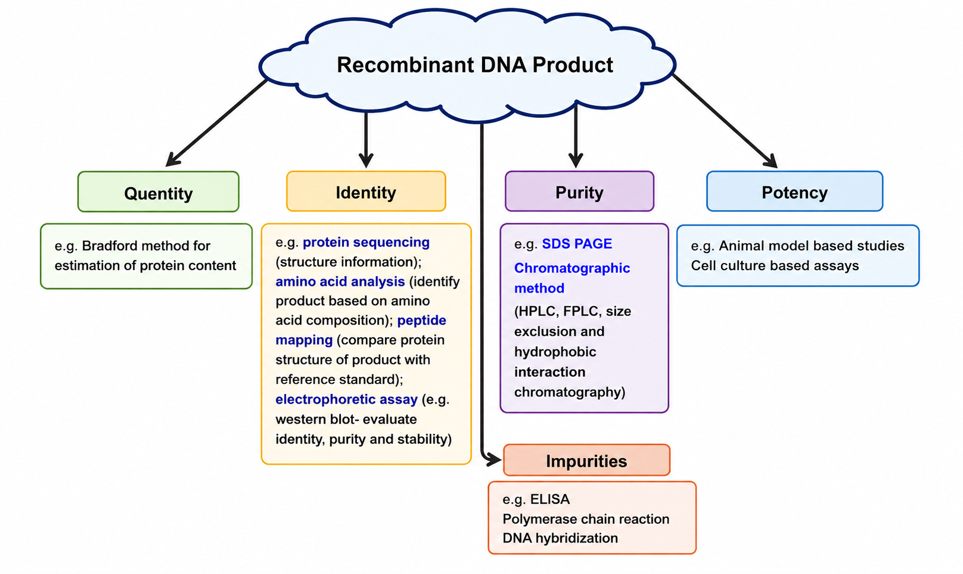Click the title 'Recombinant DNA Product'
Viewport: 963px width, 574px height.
tap(474, 65)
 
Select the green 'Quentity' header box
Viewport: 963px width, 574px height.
tap(158, 191)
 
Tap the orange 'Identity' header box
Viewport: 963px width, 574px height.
tap(366, 191)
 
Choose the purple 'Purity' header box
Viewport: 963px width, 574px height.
tap(579, 191)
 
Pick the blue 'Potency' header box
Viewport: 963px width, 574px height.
tap(795, 191)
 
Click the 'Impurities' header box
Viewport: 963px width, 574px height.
tap(586, 460)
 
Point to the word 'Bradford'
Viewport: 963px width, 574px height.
tap(110, 246)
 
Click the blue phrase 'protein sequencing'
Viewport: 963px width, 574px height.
tap(366, 242)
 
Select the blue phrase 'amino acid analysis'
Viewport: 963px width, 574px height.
tap(340, 281)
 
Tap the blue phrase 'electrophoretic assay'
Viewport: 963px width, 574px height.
tap(346, 399)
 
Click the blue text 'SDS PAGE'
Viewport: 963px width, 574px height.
tap(577, 243)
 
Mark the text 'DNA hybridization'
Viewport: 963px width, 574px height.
tap(560, 538)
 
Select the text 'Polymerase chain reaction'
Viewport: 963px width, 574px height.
tap(586, 519)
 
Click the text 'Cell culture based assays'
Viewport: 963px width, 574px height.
tap(774, 265)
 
